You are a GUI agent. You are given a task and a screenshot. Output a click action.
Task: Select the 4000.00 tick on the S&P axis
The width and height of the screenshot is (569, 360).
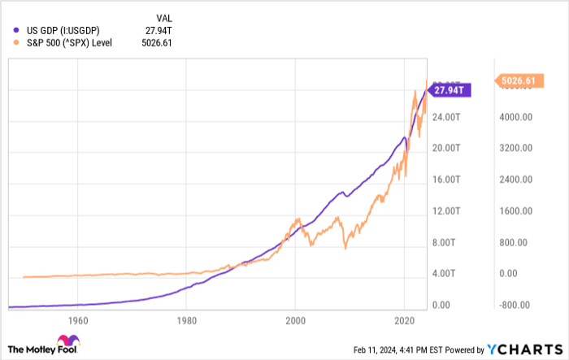(515, 117)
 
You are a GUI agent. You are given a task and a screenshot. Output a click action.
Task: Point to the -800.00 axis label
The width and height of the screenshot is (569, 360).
(515, 306)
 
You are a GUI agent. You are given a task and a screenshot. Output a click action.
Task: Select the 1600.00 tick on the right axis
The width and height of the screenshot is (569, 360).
(515, 211)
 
